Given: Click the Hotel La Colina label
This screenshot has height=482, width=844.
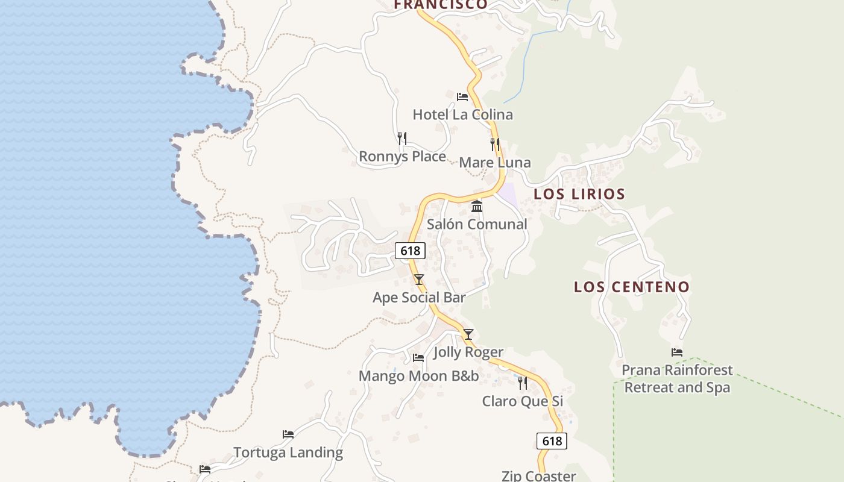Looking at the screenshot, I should coord(462,114).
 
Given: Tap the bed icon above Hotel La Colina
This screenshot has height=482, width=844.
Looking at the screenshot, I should coord(462,96).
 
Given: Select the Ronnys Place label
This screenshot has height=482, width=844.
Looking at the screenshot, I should coord(402,157).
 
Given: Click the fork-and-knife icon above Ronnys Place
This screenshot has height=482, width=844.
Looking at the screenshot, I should coord(402,139).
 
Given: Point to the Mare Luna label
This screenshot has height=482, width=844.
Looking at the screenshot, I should coord(495,163).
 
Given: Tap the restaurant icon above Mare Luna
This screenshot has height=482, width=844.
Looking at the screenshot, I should coord(495,144).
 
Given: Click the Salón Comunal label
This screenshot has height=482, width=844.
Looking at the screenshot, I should coord(477,224).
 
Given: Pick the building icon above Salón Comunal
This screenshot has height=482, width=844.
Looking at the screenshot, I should coord(477,207).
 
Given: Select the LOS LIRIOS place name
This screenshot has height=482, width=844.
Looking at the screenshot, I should coord(579,194).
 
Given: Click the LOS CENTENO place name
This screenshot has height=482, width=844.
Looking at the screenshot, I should coord(631,287).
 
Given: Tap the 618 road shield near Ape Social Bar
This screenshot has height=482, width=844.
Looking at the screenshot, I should coord(410,250).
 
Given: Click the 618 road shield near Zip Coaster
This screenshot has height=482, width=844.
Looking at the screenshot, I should coord(552,441).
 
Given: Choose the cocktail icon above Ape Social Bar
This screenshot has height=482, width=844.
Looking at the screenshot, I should coord(419,280).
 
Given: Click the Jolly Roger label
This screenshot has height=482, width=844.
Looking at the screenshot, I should coord(468,352).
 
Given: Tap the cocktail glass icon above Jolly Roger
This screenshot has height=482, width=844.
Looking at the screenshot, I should coord(468,334).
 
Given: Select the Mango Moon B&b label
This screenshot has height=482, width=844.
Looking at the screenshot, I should coord(418,376).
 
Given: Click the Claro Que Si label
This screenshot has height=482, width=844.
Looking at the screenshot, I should coord(523,401).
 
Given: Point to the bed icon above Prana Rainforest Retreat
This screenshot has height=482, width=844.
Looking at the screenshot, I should coord(677,352).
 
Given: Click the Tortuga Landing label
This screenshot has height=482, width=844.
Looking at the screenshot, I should coord(288,452).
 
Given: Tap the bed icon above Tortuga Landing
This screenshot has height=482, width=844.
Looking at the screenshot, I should coord(288,434).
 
